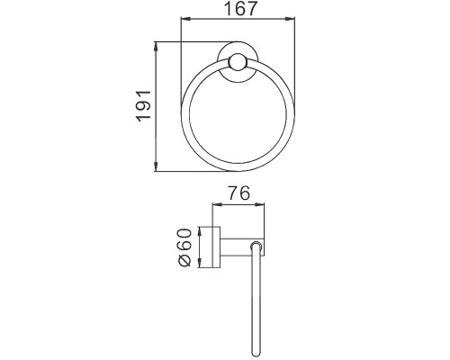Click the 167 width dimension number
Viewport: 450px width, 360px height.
(241, 9)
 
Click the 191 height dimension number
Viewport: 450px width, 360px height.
(143, 105)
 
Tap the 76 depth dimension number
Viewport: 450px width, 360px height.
(238, 193)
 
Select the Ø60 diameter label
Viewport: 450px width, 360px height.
(184, 247)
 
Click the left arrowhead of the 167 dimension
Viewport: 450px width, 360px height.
(185, 19)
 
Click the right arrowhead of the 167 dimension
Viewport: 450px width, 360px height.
(290, 19)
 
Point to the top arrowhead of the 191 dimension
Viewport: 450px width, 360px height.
(156, 47)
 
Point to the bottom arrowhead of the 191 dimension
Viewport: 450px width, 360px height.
(156, 166)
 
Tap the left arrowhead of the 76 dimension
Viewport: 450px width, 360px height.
(218, 205)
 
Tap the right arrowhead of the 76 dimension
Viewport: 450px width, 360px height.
(259, 205)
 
